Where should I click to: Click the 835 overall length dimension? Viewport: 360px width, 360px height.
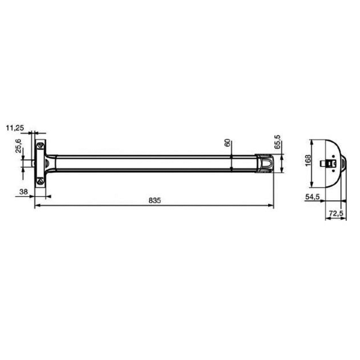coord(154,200)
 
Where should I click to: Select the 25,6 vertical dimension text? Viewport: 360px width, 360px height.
coord(19,146)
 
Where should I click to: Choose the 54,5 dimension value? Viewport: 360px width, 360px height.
coord(311,197)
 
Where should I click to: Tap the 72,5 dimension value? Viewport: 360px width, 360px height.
coord(335,213)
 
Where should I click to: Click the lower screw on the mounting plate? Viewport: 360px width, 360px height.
coord(40,179)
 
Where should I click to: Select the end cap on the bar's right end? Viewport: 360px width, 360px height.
coord(264,162)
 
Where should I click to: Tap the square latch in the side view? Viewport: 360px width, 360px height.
coord(329,163)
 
